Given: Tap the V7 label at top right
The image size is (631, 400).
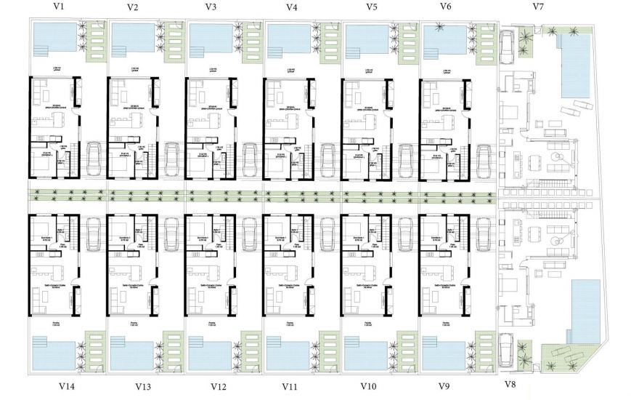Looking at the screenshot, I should coord(538,7).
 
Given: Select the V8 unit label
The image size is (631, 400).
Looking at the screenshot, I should coord(510,383).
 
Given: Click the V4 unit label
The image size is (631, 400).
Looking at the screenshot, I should coord(291,7).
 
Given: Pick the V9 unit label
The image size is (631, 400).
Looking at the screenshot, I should coord(447,386).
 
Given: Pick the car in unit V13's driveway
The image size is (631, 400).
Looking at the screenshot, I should coord(171,233).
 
